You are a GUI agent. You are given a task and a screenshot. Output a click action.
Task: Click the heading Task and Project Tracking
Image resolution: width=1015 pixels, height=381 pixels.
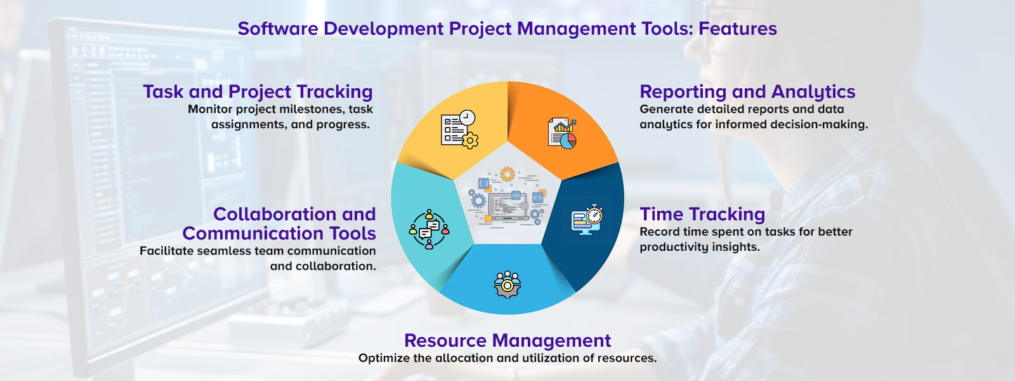258,92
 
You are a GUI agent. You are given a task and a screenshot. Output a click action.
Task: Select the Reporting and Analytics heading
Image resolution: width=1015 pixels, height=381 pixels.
747,92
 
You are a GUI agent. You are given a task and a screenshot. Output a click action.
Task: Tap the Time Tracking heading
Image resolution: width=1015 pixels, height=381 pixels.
702,215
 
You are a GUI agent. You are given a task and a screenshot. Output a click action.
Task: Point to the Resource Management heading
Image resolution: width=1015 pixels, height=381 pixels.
507,341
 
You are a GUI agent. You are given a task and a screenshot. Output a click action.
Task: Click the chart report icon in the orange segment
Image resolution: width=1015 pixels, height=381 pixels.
562,133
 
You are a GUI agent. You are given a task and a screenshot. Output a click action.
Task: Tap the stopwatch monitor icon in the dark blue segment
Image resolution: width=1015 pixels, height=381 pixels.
587,220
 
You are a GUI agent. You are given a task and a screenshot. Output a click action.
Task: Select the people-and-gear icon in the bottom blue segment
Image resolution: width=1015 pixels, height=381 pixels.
507,284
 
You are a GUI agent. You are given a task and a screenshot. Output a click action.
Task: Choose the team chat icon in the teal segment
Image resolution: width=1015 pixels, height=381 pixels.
429,229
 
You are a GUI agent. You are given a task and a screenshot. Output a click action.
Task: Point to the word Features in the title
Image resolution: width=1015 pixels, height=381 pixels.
738,29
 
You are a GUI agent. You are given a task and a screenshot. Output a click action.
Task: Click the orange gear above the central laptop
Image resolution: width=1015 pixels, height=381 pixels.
506,174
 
